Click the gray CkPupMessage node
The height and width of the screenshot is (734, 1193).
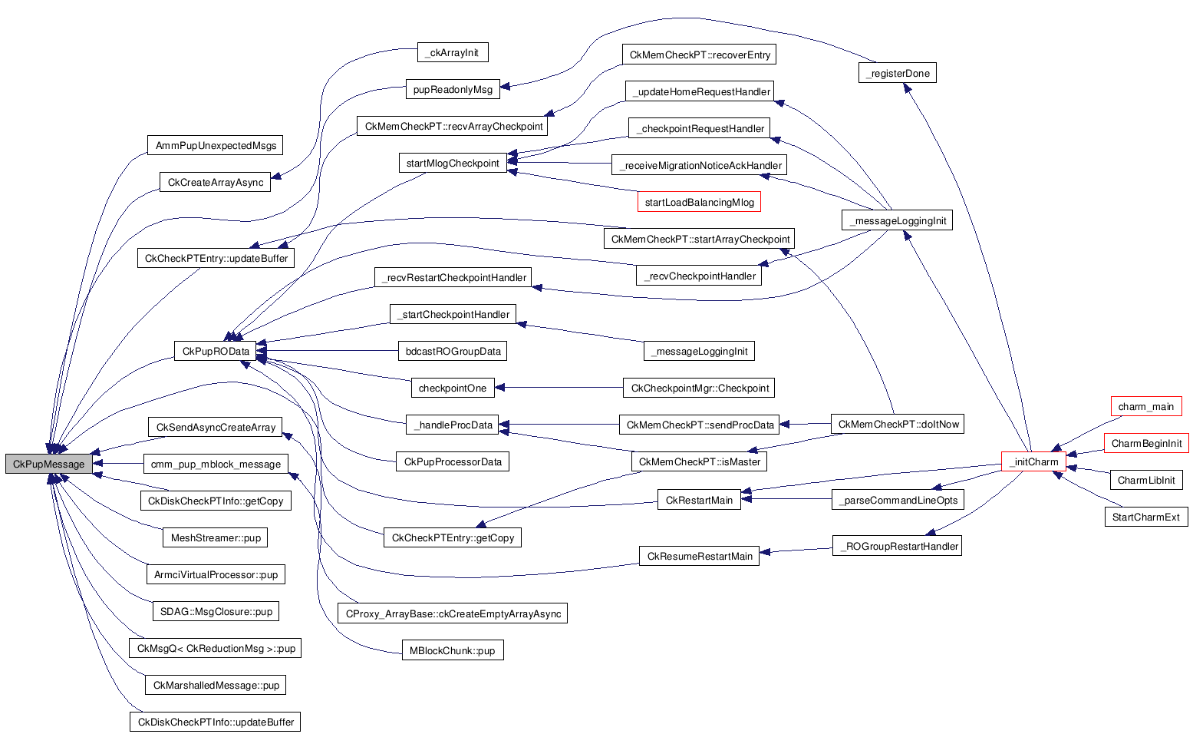[x=48, y=464]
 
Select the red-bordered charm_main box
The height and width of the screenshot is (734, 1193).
[x=1145, y=406]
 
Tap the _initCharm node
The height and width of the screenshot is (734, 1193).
[x=1033, y=461]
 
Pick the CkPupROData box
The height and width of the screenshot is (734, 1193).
[x=216, y=351]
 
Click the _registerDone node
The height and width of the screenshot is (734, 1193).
[x=897, y=73]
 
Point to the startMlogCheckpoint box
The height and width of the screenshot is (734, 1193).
[x=453, y=163]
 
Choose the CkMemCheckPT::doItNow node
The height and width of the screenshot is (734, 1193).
[x=898, y=424]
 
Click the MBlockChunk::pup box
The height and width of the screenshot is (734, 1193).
[x=452, y=650]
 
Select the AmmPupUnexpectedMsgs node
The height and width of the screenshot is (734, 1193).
[x=216, y=145]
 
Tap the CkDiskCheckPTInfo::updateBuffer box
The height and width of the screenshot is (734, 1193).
[x=215, y=722]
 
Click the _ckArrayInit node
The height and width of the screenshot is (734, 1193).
[x=452, y=52]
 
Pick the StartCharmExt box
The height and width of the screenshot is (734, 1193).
[x=1145, y=517]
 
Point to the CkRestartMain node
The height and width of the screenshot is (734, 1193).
[x=699, y=500]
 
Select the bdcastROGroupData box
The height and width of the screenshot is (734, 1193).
[x=453, y=351]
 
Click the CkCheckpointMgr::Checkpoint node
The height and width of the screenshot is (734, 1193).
[x=699, y=388]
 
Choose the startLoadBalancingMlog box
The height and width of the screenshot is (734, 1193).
[x=699, y=202]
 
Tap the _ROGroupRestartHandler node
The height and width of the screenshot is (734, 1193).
[x=897, y=546]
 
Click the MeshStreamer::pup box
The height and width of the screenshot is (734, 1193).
[x=216, y=537]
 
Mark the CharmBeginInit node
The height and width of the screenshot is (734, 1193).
[x=1146, y=443]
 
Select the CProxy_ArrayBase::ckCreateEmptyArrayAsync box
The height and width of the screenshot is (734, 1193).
[x=453, y=613]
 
